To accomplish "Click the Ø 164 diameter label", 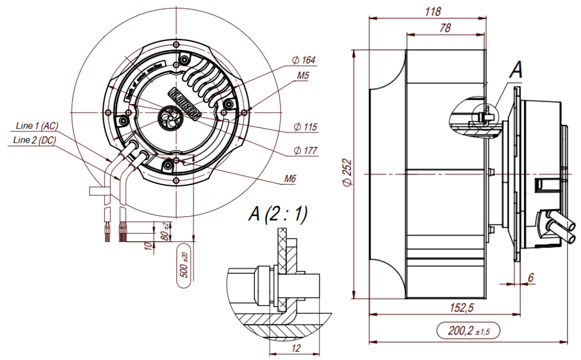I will (x=304, y=60).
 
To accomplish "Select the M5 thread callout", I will (x=303, y=76).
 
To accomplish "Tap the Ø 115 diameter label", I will (x=305, y=127).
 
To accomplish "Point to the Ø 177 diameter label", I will (x=305, y=151).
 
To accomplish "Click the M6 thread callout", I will (x=290, y=179).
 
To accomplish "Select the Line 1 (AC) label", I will (x=37, y=126).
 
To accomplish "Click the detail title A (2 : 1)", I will (x=278, y=213).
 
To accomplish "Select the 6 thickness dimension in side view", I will (x=530, y=278).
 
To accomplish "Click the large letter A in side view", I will (x=516, y=70).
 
